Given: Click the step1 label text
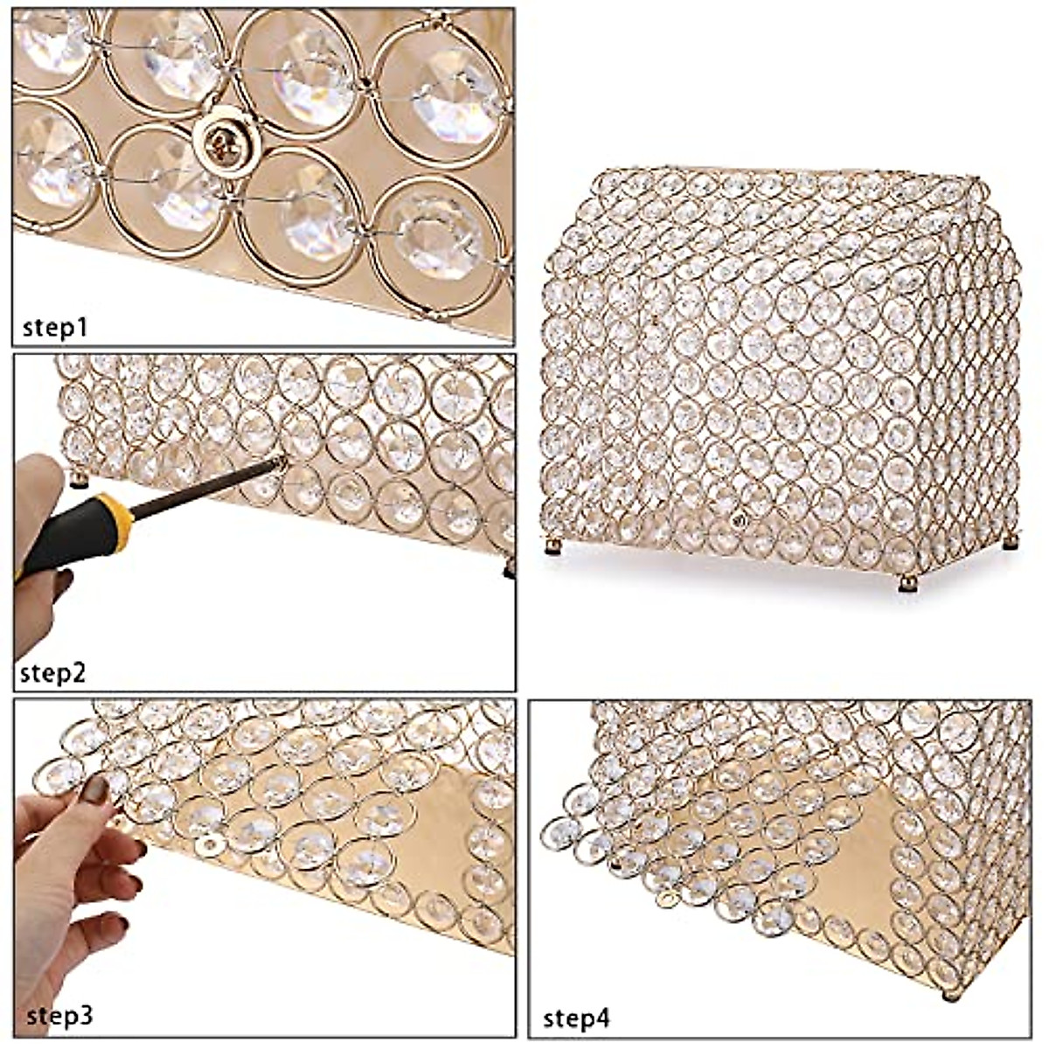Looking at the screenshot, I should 55,328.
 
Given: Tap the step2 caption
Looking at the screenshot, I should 53,674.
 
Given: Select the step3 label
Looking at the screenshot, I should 59,1016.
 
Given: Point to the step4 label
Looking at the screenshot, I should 577,1018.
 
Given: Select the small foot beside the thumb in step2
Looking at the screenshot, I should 79,478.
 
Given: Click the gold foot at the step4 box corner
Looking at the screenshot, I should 949,995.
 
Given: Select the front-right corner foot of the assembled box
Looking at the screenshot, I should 909,583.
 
